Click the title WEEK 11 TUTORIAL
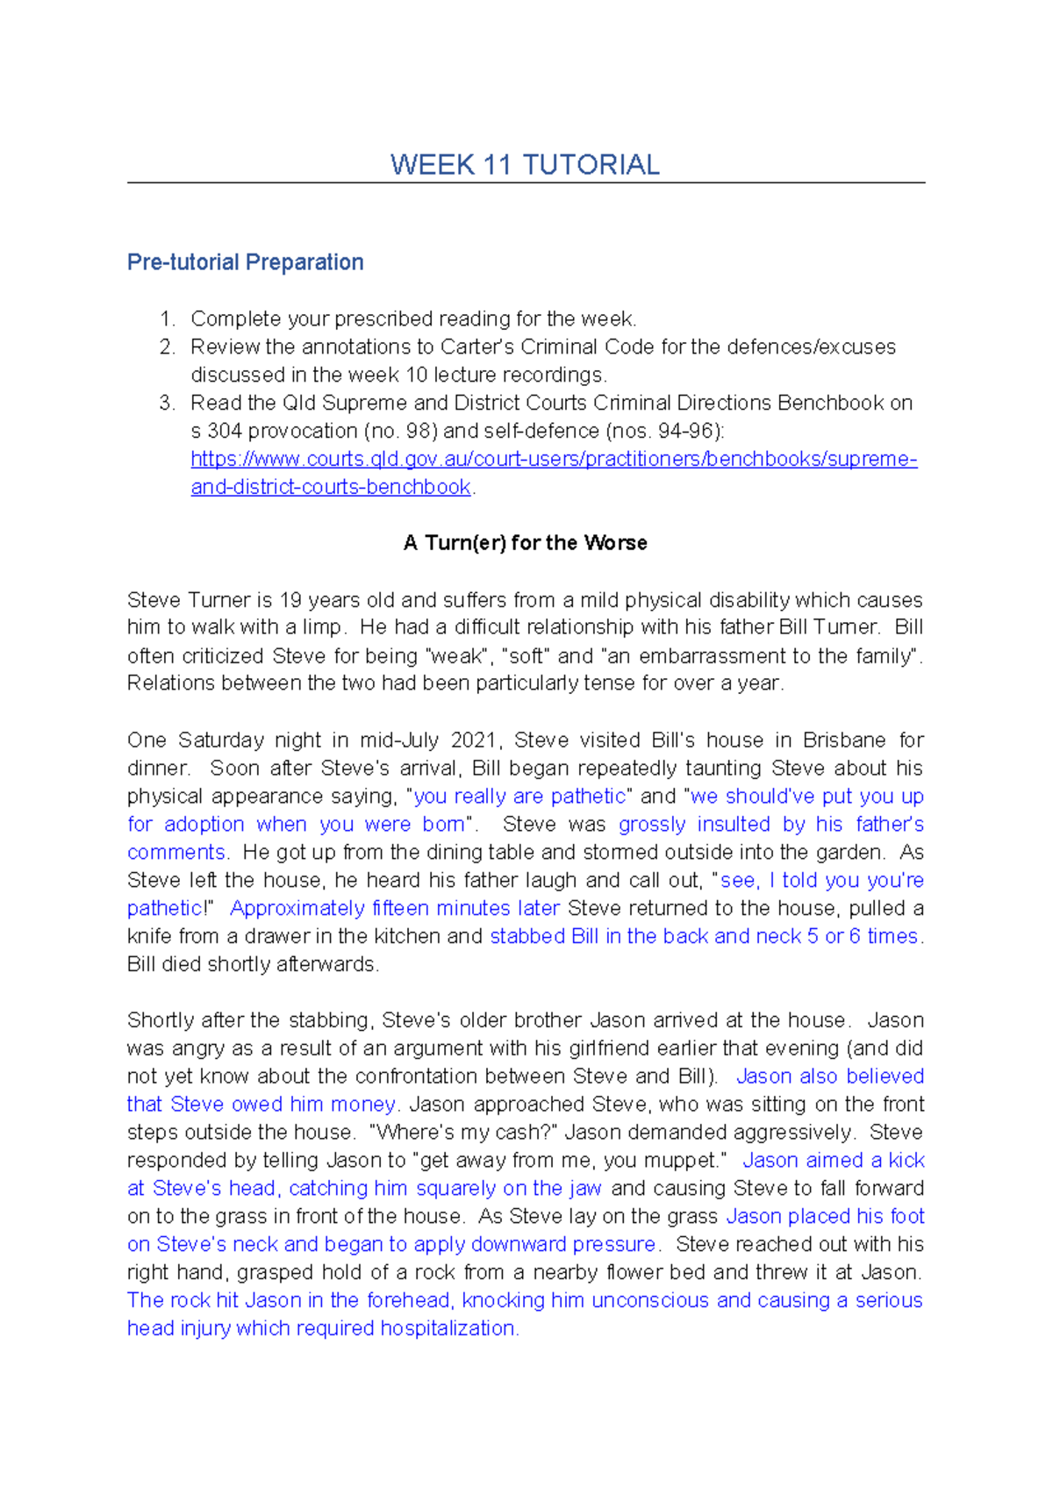point(525,165)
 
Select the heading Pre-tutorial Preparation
point(245,262)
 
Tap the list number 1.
point(167,318)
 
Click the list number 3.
point(167,403)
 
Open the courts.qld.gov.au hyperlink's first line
point(554,459)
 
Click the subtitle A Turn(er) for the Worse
point(525,543)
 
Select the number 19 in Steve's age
point(290,600)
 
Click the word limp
point(323,627)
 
